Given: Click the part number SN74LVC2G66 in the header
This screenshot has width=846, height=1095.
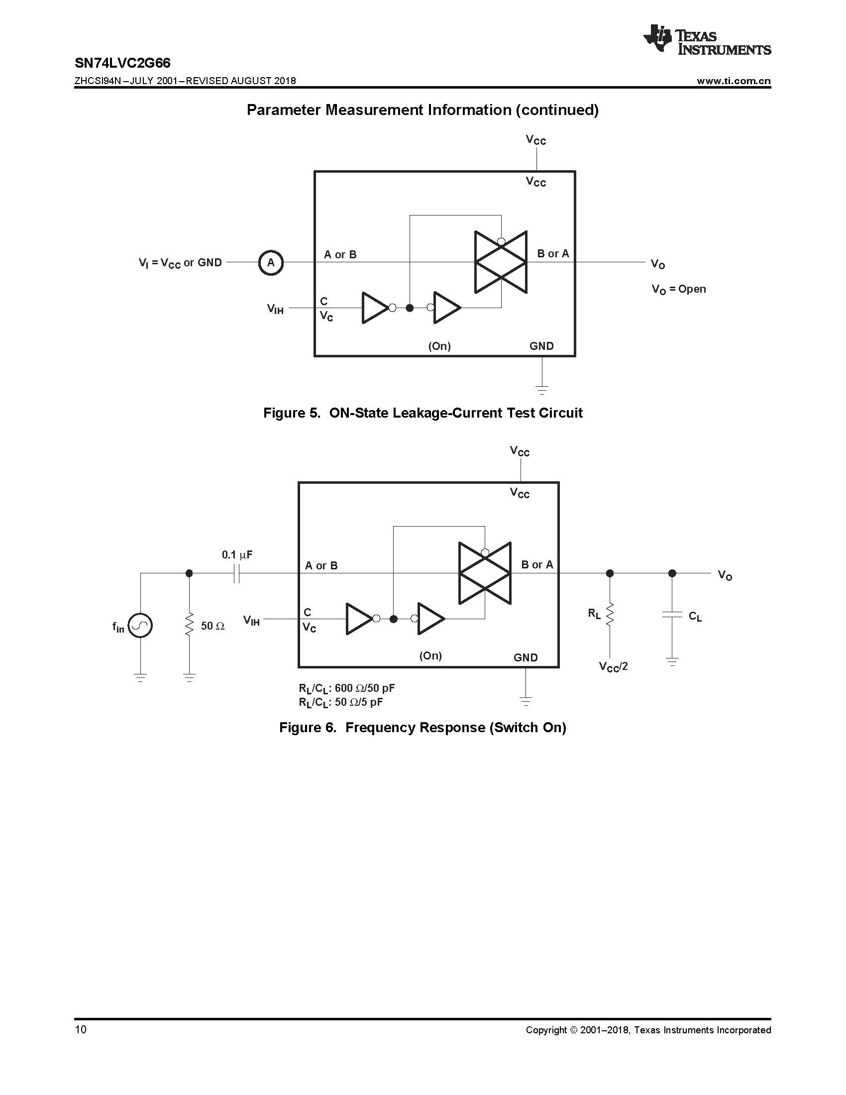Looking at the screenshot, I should (x=122, y=63).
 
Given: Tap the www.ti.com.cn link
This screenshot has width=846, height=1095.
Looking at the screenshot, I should (x=733, y=81).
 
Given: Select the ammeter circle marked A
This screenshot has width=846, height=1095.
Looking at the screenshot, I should (x=271, y=262).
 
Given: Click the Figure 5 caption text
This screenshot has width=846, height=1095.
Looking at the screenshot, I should (x=423, y=413).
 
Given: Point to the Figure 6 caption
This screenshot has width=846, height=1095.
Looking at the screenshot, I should (x=423, y=728).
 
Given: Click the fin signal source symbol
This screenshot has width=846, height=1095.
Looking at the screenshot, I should (x=140, y=626).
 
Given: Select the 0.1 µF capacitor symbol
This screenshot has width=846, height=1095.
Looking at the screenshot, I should (x=237, y=573).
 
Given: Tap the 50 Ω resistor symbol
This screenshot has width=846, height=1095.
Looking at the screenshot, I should (x=189, y=625).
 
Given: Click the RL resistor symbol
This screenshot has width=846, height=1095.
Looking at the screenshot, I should (x=610, y=614).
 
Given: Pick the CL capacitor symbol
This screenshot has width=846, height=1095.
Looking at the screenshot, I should (x=672, y=615).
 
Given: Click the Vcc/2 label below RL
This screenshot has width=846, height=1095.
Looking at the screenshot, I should (x=613, y=667).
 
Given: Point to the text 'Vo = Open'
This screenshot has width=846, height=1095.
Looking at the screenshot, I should (x=679, y=289).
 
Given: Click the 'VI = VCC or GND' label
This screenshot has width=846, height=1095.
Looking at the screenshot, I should (x=180, y=263).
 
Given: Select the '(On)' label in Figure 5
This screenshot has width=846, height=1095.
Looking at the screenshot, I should (x=439, y=346).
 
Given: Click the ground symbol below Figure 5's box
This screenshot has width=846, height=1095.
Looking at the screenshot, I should (x=542, y=389).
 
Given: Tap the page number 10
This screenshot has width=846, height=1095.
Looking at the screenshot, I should (x=80, y=1030).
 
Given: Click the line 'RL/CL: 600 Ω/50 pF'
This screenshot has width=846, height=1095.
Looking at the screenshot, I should (x=346, y=688).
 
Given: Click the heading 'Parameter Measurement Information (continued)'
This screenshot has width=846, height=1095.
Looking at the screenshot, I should (x=423, y=110).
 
